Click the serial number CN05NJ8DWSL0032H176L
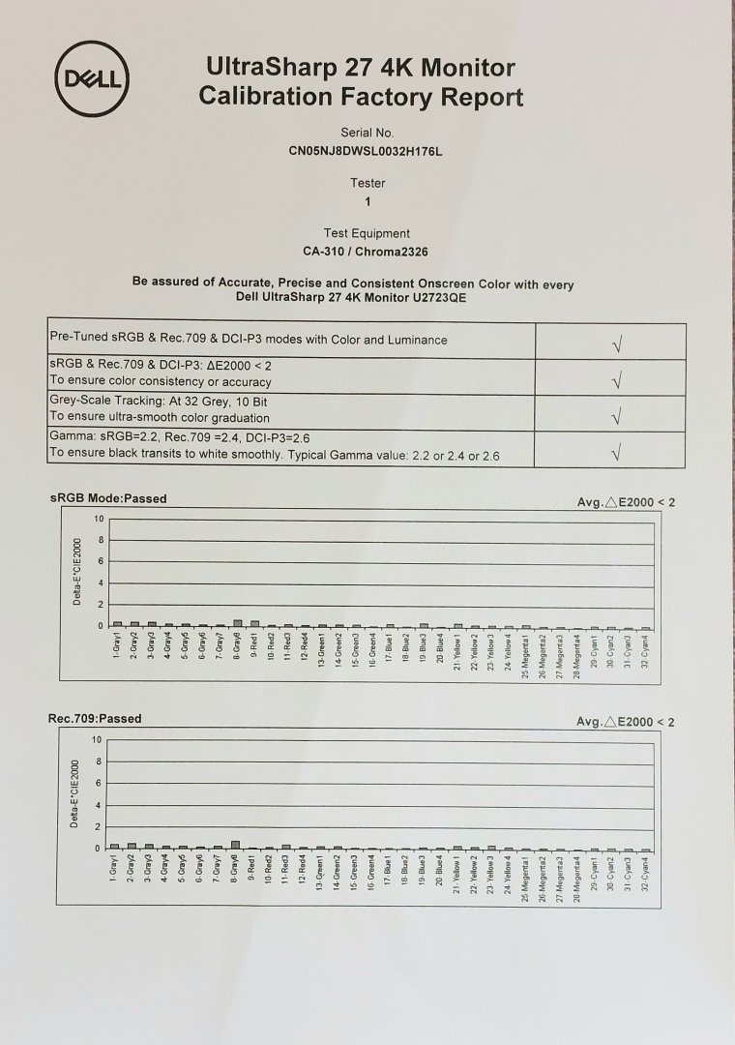pos(367,151)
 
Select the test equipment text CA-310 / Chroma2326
pos(367,253)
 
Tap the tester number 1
pos(367,202)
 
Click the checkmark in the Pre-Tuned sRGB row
pos(617,342)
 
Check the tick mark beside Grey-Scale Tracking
pos(617,414)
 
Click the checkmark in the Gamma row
pos(617,451)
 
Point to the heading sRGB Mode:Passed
pos(108,499)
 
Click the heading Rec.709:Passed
pos(95,719)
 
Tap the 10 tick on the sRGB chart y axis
pos(98,519)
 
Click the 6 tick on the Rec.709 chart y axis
pos(97,784)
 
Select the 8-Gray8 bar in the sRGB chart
pos(237,623)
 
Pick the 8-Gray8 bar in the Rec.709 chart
pos(235,845)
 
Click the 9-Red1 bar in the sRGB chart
pos(254,623)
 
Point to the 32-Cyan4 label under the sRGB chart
pos(646,645)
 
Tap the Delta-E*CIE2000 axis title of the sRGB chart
pos(77,572)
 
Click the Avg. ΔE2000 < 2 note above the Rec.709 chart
pos(626,722)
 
